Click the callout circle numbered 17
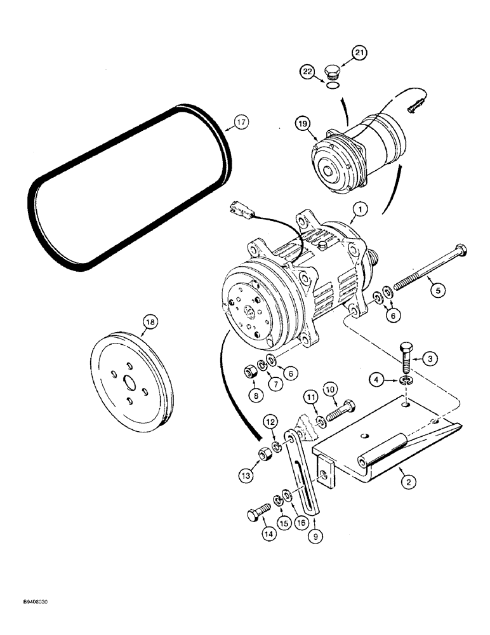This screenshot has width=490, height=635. pyautogui.click(x=240, y=123)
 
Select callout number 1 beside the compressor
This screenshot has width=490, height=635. pyautogui.click(x=359, y=208)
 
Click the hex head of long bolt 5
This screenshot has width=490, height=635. pyautogui.click(x=460, y=250)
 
